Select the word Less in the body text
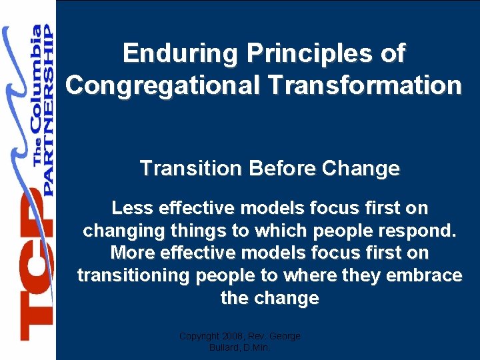click(131, 208)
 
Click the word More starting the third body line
click(132, 253)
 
